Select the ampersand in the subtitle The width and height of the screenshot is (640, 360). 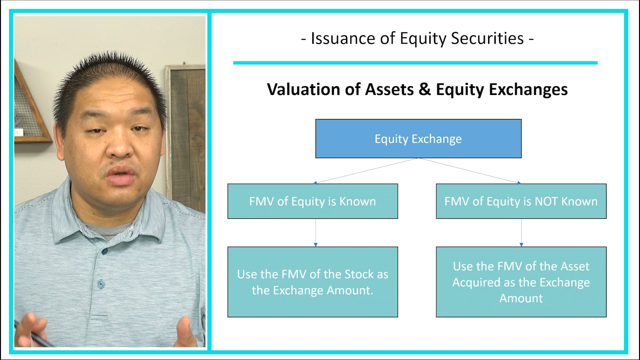coord(424,89)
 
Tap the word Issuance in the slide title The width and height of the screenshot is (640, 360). coord(343,38)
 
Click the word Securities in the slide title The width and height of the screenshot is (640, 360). coord(487,38)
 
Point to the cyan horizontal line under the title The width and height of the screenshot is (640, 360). coord(415,63)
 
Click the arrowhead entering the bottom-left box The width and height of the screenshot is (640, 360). coord(316,245)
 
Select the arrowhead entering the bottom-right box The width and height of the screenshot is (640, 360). coord(521,245)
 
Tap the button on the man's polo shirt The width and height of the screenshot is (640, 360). coord(101,284)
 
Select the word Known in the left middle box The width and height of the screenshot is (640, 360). coord(357,201)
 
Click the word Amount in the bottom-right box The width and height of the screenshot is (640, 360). coord(521,298)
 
